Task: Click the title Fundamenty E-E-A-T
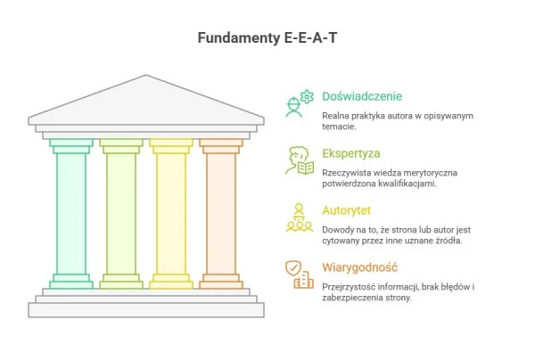(267, 38)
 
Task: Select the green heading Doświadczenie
(362, 96)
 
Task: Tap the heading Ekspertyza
(351, 153)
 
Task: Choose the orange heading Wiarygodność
(360, 267)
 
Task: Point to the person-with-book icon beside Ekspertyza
(299, 161)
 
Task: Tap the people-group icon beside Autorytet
(299, 218)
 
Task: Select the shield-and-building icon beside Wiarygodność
(299, 274)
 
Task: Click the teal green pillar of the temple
(71, 214)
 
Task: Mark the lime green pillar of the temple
(121, 214)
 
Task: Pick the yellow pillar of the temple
(170, 214)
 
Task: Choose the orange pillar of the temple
(220, 214)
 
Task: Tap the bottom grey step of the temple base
(146, 310)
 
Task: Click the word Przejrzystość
(351, 286)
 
